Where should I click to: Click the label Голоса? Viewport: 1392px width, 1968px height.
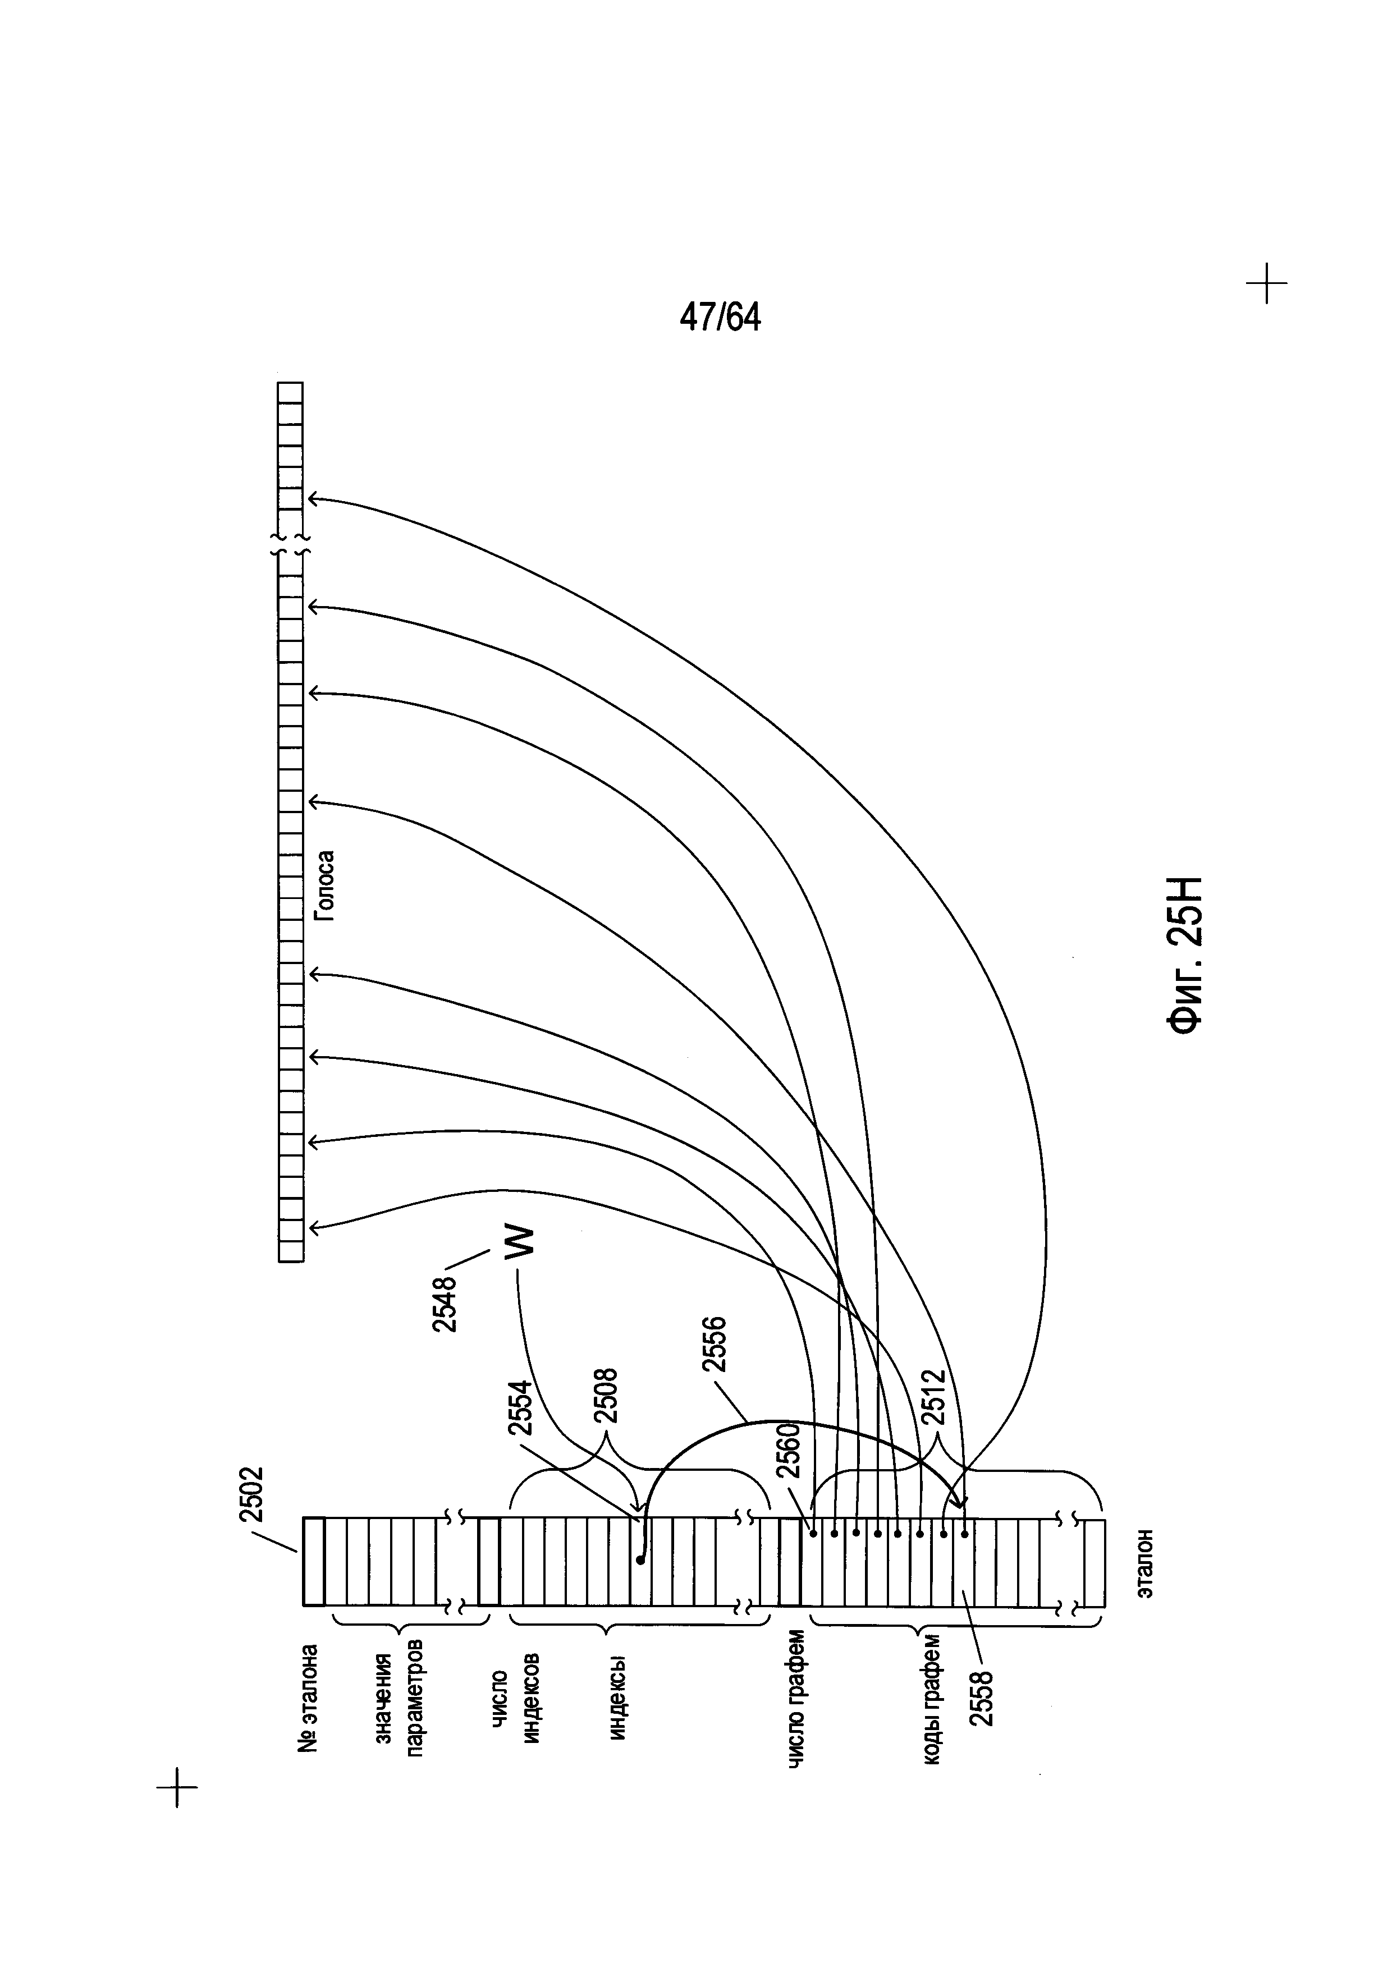324,886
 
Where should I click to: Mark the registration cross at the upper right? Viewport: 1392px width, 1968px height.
1266,283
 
